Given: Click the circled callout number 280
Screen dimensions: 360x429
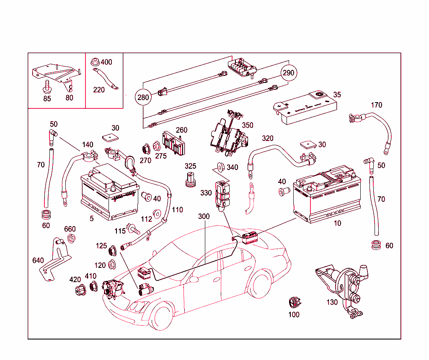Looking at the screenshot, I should pos(143,98).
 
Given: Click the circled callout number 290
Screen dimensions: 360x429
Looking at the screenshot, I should pos(288,72).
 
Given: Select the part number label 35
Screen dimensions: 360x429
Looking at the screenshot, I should pos(337,95).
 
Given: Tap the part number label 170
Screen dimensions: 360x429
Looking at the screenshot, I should pos(376,105).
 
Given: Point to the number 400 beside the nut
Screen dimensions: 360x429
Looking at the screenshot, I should pos(106,62).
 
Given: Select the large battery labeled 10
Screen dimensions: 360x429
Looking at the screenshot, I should pos(327,195).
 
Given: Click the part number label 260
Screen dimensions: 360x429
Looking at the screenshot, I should pos(181,130).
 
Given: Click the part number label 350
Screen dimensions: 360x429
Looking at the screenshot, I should pos(248,125).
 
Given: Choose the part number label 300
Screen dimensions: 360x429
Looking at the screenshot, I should pos(204,216).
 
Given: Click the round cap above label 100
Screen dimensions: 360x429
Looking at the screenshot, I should pos(294,302).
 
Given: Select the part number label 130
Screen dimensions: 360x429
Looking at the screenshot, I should pos(332,302).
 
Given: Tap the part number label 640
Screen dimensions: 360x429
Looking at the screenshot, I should pos(38,260).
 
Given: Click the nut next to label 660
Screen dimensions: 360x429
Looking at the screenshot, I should pos(71,239).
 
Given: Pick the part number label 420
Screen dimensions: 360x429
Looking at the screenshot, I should pos(75,279).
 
